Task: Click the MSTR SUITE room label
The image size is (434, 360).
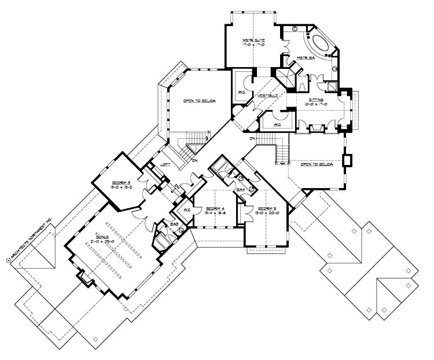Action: pyautogui.click(x=253, y=40)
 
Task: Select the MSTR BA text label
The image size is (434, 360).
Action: pyautogui.click(x=305, y=58)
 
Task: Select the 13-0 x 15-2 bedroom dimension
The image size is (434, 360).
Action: pyautogui.click(x=123, y=187)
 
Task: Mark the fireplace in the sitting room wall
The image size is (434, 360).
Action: pyautogui.click(x=348, y=160)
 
